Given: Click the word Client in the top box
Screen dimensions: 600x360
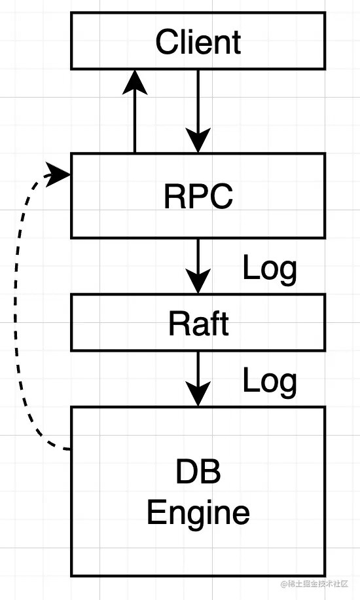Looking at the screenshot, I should tap(198, 42).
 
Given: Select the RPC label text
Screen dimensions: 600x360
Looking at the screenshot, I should tap(198, 196).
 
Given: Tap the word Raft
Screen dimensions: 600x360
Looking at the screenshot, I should tap(198, 323).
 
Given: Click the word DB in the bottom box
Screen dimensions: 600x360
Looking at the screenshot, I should tap(198, 473).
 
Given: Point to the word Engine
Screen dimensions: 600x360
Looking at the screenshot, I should tap(198, 513).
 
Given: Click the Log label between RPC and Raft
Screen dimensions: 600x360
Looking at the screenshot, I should tap(270, 268).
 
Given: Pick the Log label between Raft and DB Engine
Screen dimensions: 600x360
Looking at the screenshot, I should tap(270, 381).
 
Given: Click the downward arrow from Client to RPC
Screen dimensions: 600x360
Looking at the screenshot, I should tap(198, 105).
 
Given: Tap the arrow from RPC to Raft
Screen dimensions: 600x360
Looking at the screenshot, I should tap(198, 262).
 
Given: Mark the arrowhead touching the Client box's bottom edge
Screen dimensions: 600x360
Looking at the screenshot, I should tap(135, 82).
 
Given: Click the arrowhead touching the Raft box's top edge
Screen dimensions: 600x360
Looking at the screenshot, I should tap(198, 283).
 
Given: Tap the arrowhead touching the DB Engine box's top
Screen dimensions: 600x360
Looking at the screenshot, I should tap(198, 396).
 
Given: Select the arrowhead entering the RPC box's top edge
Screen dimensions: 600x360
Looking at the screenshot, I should tap(198, 141).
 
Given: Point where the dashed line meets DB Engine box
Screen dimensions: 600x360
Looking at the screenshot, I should tap(69, 449).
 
